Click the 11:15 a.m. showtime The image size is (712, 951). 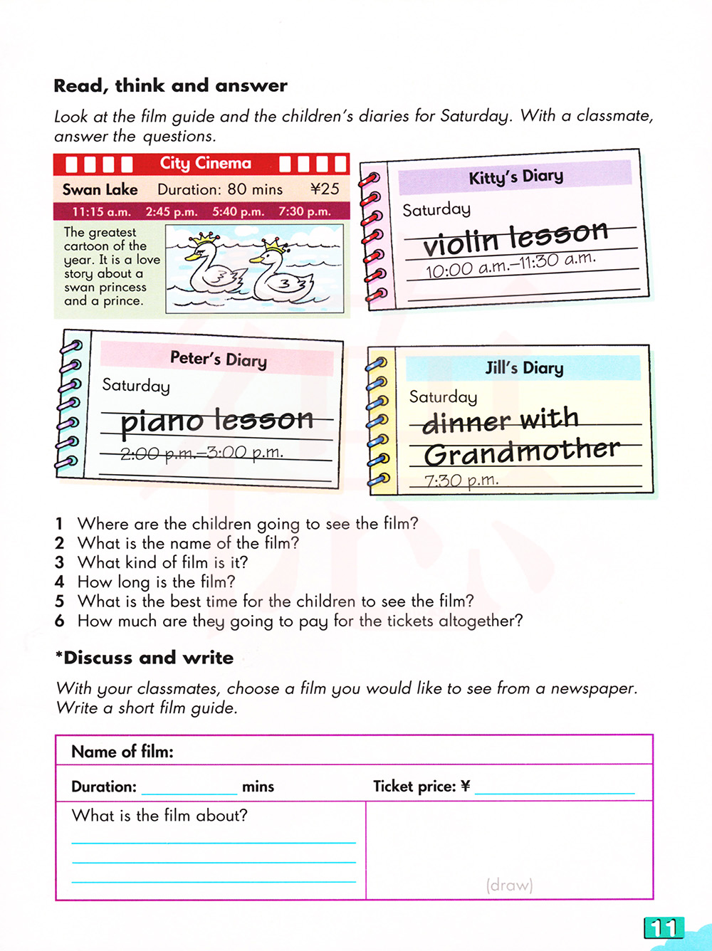[101, 211]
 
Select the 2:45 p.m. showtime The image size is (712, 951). [172, 211]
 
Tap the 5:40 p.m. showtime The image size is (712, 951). [238, 211]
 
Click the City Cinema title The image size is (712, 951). [205, 163]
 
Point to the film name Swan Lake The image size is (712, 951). [100, 189]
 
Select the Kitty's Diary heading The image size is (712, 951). [515, 177]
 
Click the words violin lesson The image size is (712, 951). [515, 238]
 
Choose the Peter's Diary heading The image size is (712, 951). [218, 359]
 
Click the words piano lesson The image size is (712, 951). [216, 420]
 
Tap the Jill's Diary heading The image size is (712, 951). [524, 368]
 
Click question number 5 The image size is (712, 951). [60, 601]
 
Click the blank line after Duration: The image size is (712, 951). [189, 789]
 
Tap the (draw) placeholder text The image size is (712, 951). [509, 885]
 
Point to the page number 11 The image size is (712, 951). [664, 928]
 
